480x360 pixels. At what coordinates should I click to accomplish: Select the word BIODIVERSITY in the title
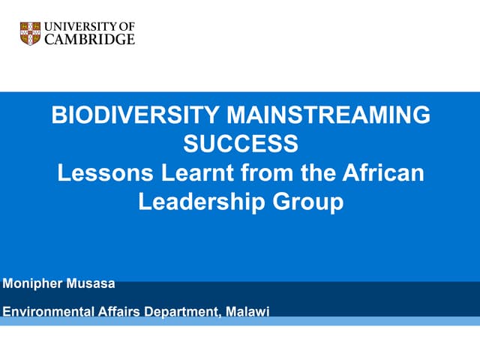[x=133, y=115]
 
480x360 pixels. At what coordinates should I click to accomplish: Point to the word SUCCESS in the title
[x=240, y=143]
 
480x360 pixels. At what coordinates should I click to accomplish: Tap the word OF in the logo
[x=127, y=27]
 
